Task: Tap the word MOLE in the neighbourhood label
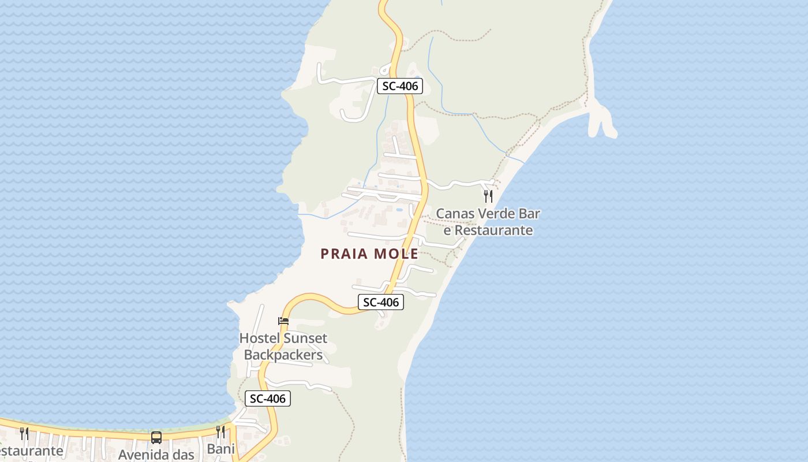click(396, 254)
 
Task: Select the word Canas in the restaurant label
click(454, 214)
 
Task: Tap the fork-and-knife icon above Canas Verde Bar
click(488, 196)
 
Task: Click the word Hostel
click(259, 338)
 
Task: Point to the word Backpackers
click(283, 355)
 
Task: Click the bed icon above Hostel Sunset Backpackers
click(283, 321)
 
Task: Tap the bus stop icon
click(156, 437)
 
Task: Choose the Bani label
click(221, 449)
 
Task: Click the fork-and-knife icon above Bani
click(220, 432)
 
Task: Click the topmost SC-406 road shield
click(401, 87)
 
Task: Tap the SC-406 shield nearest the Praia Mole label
click(381, 302)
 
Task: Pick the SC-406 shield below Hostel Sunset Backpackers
click(268, 398)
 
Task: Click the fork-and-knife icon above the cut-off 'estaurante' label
click(24, 433)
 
